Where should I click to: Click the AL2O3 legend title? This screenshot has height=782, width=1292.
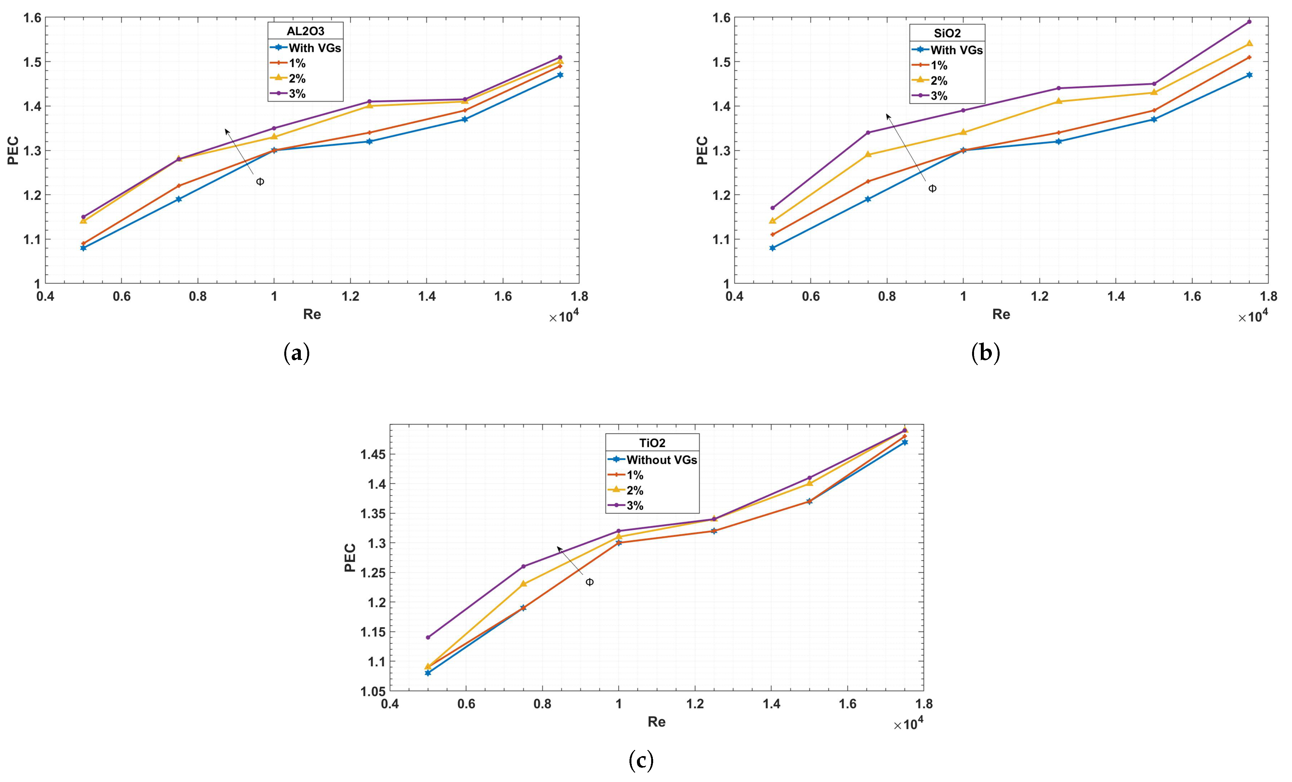(x=305, y=31)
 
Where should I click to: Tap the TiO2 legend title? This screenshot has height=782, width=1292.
(x=652, y=443)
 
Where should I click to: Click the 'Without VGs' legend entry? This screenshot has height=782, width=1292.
(x=661, y=460)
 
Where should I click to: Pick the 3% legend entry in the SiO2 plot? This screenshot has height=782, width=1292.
(x=939, y=96)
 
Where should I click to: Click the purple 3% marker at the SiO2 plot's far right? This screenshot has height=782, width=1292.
(x=1249, y=22)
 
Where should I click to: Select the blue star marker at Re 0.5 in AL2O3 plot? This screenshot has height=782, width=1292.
(x=83, y=248)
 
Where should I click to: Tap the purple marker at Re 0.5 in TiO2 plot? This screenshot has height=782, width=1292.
(x=428, y=637)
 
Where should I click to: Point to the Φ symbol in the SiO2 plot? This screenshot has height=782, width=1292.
(x=932, y=189)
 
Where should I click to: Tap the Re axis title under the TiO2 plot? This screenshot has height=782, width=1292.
(x=656, y=722)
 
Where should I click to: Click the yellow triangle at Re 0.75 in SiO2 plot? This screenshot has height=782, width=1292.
(x=868, y=154)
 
